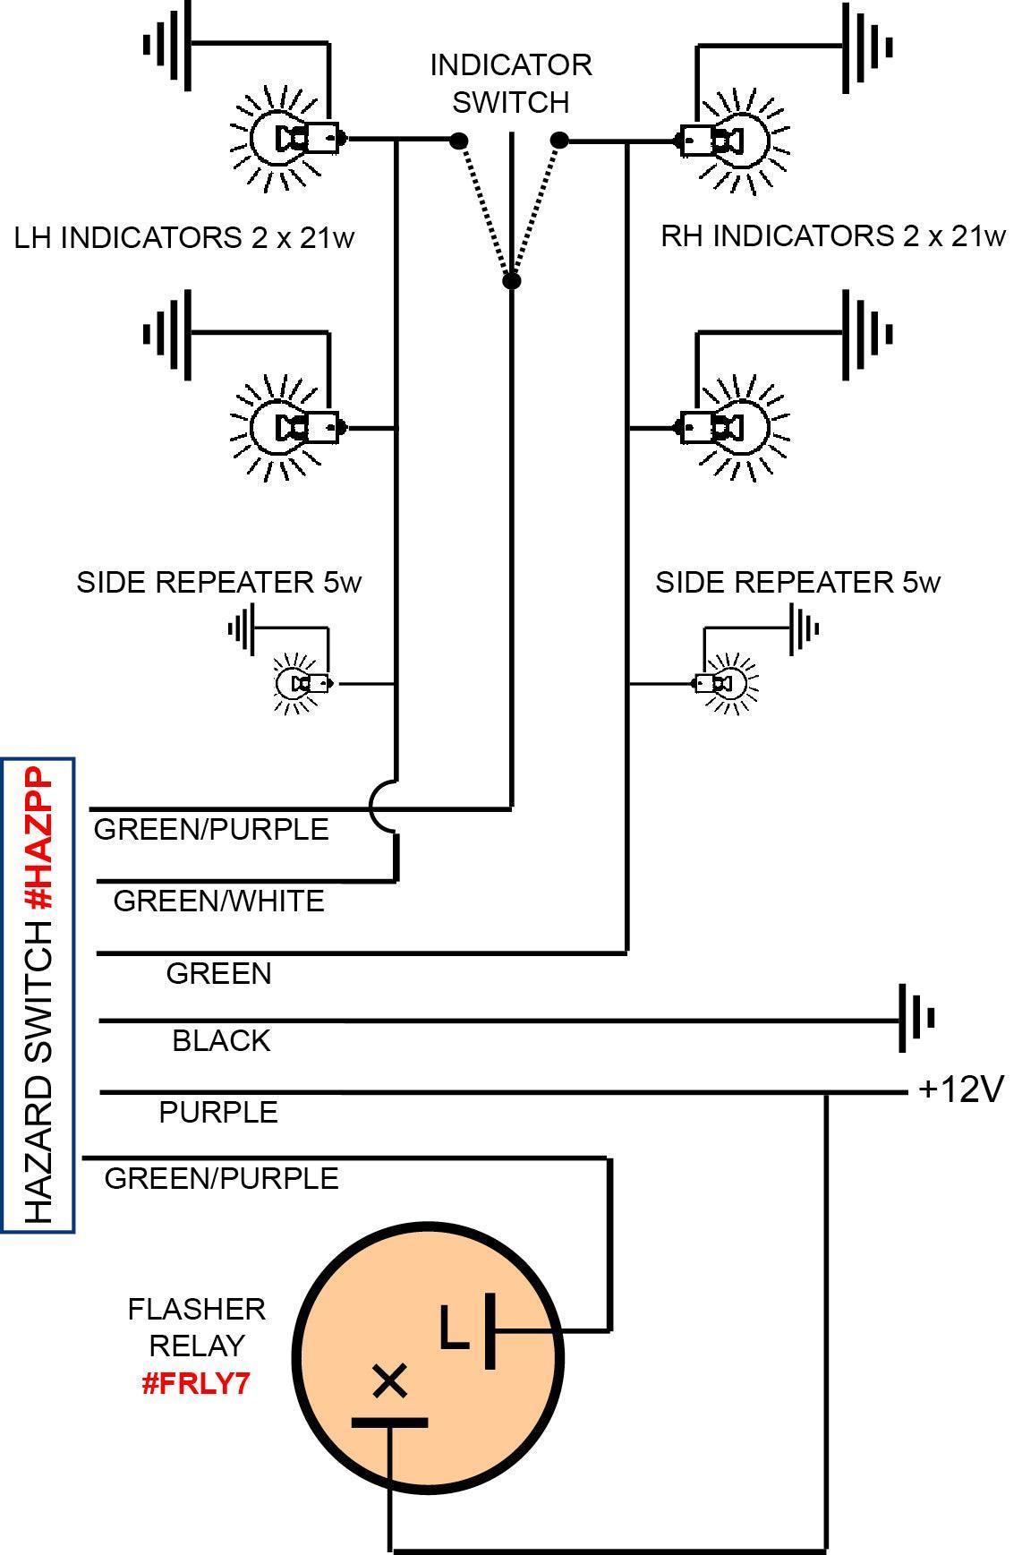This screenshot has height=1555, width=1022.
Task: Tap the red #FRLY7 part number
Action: pyautogui.click(x=195, y=1383)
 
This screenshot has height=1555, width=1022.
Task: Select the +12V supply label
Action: pyautogui.click(x=961, y=1089)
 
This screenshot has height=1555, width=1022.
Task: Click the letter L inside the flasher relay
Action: pyautogui.click(x=454, y=1329)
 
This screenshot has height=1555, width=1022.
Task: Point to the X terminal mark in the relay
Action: pyautogui.click(x=389, y=1380)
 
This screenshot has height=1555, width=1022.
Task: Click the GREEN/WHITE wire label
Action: pyautogui.click(x=218, y=901)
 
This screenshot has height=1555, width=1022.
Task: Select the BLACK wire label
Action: pyautogui.click(x=221, y=1040)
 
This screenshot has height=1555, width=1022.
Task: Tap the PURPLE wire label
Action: pyautogui.click(x=218, y=1112)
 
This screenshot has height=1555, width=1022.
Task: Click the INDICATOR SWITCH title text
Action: pyautogui.click(x=510, y=83)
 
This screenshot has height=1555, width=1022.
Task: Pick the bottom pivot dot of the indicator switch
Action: pyautogui.click(x=511, y=281)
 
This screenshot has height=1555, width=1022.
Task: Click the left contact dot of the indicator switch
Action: pyautogui.click(x=458, y=141)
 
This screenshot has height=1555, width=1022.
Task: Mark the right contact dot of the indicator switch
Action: pyautogui.click(x=559, y=141)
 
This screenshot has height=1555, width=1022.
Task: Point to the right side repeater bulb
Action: pyautogui.click(x=728, y=684)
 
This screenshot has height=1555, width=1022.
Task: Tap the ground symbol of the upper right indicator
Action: pyautogui.click(x=864, y=47)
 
